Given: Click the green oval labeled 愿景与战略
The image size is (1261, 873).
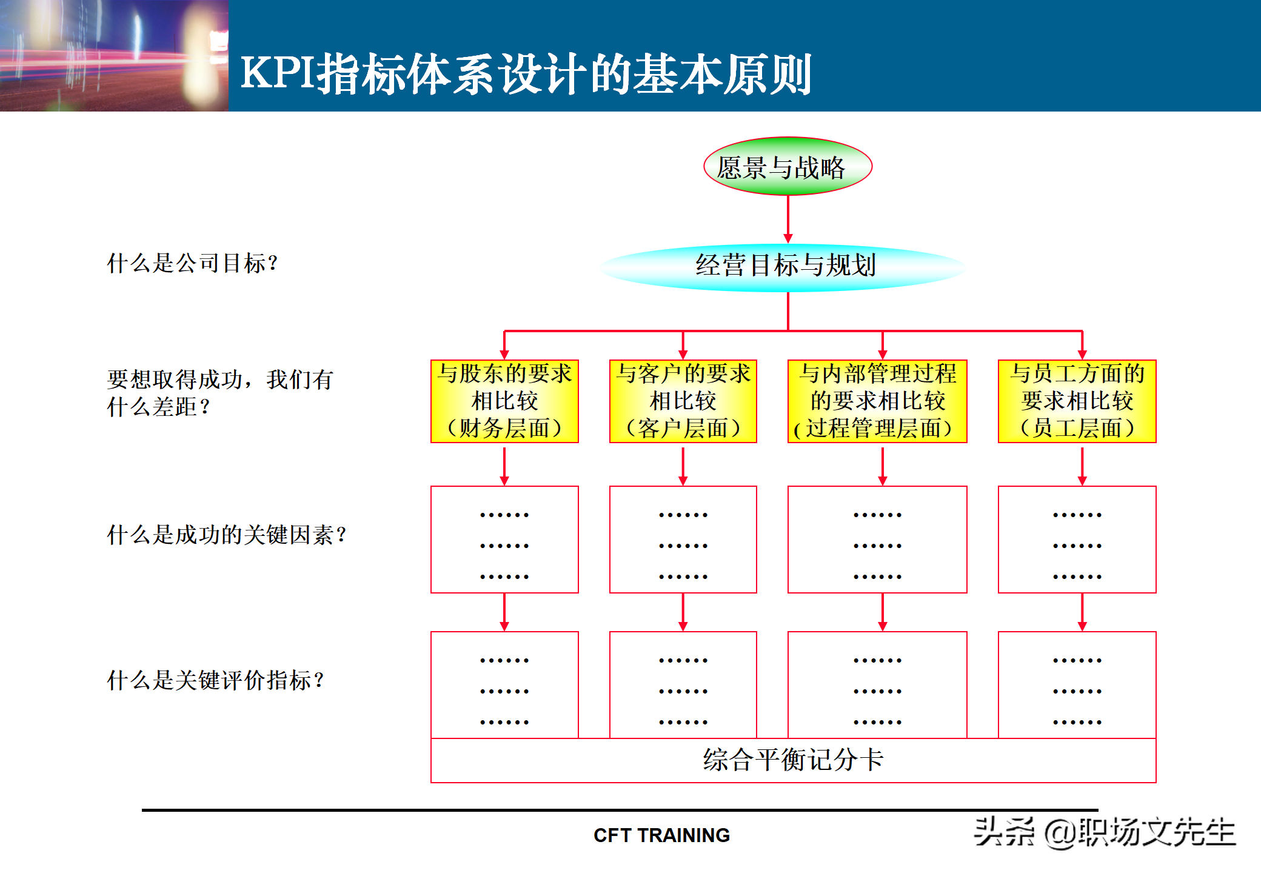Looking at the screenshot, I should click(788, 166).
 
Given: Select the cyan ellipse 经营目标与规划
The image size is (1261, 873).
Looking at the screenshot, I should click(784, 266).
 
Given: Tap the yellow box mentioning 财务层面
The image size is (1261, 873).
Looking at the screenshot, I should click(504, 401).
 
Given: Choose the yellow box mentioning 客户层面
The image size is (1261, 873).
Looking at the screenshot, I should click(683, 401).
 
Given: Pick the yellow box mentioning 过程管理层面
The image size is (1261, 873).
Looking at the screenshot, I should click(877, 401).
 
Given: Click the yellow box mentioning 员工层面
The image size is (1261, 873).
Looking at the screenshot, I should click(1077, 401).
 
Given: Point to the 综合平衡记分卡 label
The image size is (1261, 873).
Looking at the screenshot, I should click(793, 760).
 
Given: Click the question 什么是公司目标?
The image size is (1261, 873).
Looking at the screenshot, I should click(192, 264).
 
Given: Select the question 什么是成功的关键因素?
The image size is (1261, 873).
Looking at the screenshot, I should click(227, 535).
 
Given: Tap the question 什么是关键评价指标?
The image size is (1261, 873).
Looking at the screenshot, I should click(215, 680).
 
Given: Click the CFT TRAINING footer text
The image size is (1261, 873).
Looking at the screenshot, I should click(661, 835).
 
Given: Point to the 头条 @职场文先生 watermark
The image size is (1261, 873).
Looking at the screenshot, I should click(1105, 832).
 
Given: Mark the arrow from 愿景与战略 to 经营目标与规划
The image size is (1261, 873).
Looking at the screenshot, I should click(788, 219).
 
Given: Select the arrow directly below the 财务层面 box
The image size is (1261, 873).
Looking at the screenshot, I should click(504, 466).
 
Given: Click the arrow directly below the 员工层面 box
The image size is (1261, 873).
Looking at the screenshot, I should click(1082, 466).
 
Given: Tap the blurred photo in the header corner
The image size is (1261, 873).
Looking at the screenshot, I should click(114, 55).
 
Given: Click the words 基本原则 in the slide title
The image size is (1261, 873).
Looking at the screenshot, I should click(722, 74).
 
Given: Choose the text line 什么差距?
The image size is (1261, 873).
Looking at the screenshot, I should click(158, 407).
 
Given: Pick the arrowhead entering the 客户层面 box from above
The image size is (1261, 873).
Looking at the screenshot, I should click(683, 354).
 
